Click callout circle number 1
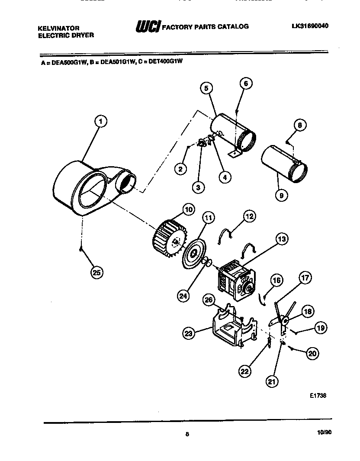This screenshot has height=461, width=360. point(100,122)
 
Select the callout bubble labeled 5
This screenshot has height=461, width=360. point(206,88)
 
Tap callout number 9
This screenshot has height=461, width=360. point(281,195)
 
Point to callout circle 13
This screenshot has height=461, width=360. point(282,239)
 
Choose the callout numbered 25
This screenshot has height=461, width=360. point(97,273)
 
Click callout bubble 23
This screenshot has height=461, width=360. point(189,333)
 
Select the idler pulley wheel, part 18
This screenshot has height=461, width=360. point(285,321)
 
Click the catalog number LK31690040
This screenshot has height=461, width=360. point(310,26)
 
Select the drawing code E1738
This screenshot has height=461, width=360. point(318,395)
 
